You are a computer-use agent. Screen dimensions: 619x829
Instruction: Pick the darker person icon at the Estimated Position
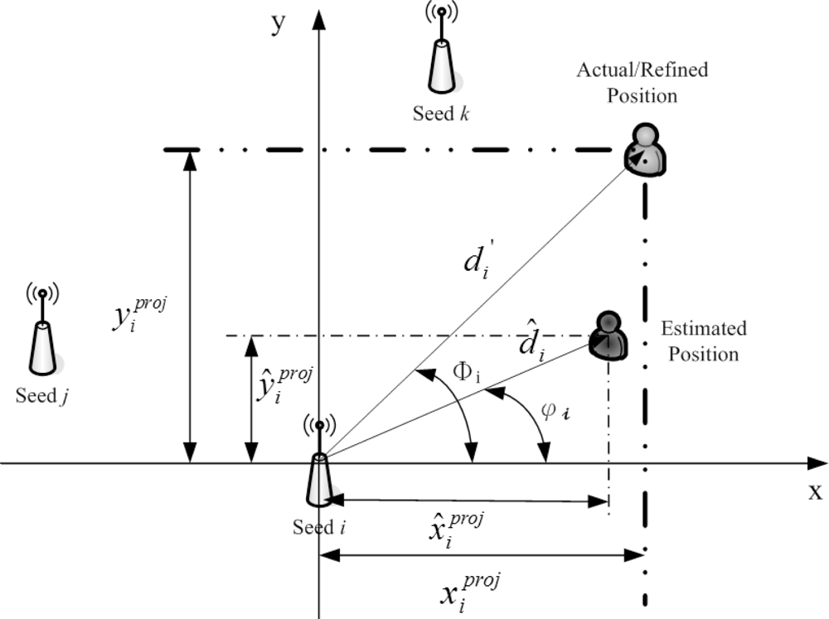click(608, 335)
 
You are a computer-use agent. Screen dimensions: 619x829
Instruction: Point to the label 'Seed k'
click(442, 114)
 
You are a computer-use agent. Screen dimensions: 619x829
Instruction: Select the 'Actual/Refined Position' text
click(642, 82)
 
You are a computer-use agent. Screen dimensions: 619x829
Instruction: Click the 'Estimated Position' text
click(703, 341)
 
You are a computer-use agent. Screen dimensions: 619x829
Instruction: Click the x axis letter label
click(815, 491)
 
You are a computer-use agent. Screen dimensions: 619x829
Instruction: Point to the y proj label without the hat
click(138, 316)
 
